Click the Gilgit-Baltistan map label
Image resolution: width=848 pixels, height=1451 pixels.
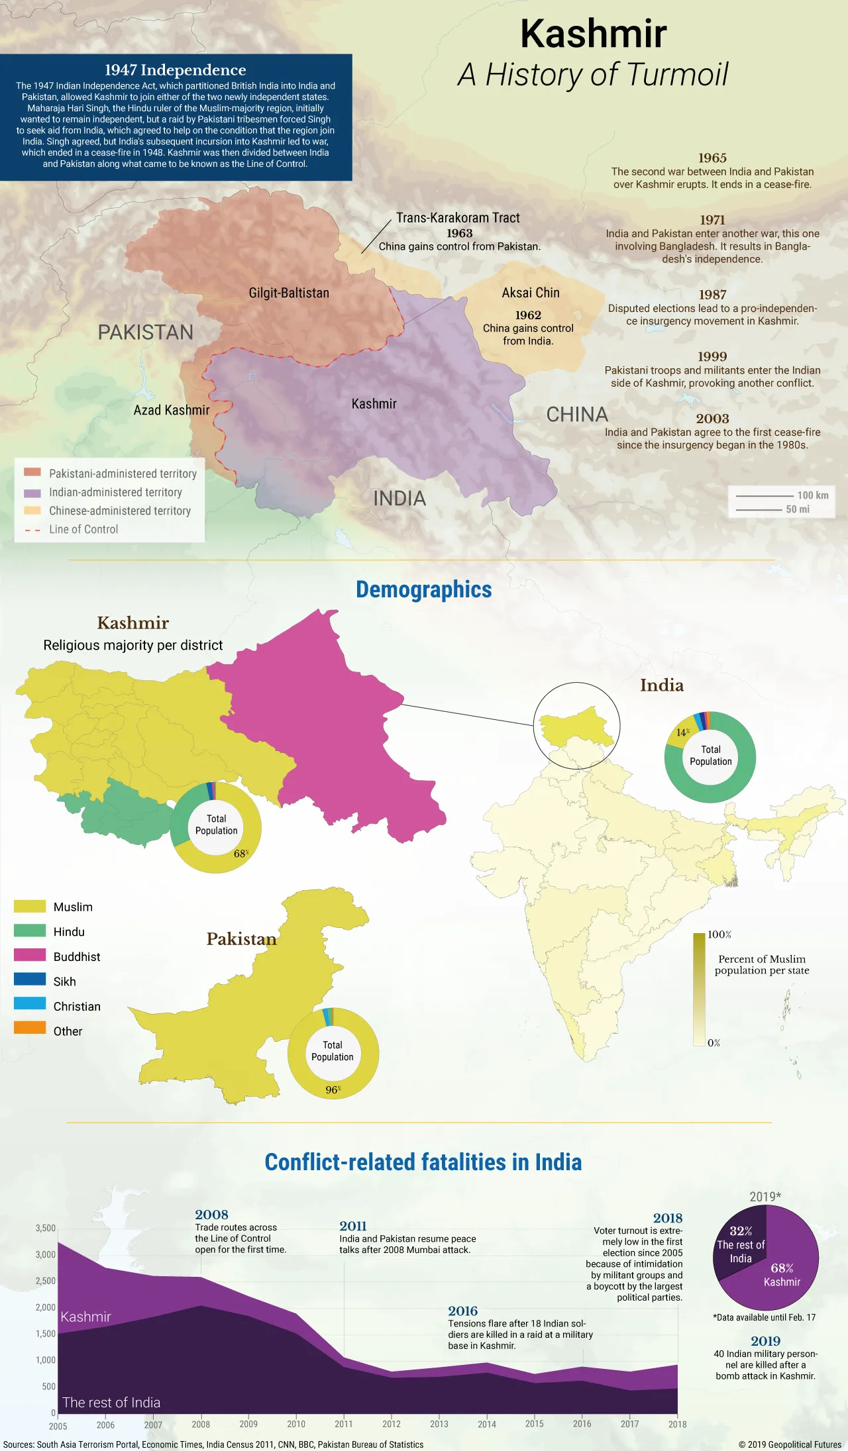pyautogui.click(x=289, y=293)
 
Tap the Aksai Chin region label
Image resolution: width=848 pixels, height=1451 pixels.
pyautogui.click(x=531, y=293)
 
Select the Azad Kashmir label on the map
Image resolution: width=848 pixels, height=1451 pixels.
pyautogui.click(x=172, y=410)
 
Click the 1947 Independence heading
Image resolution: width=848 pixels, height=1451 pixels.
pyautogui.click(x=175, y=70)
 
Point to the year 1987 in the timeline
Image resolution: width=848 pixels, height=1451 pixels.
pyautogui.click(x=712, y=295)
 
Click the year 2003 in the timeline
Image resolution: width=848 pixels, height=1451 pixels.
pyautogui.click(x=712, y=419)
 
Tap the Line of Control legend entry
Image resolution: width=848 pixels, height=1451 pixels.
pyautogui.click(x=83, y=529)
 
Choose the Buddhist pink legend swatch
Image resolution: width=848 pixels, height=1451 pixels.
pyautogui.click(x=30, y=955)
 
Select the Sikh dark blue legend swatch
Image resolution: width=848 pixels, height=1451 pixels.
pyautogui.click(x=30, y=979)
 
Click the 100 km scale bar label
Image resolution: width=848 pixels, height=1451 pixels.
pyautogui.click(x=812, y=495)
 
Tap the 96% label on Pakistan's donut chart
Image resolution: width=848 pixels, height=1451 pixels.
pyautogui.click(x=333, y=1089)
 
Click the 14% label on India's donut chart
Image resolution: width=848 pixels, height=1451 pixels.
pyautogui.click(x=682, y=732)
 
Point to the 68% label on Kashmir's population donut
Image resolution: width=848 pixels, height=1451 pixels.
pyautogui.click(x=240, y=853)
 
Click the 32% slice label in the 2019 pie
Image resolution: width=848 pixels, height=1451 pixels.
pyautogui.click(x=741, y=1231)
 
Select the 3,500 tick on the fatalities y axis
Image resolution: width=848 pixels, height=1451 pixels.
pyautogui.click(x=45, y=1228)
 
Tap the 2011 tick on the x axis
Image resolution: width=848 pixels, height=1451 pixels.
pyautogui.click(x=343, y=1424)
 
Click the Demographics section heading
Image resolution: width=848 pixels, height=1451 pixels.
pyautogui.click(x=423, y=589)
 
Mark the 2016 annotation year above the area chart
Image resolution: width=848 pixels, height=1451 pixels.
pyautogui.click(x=462, y=1311)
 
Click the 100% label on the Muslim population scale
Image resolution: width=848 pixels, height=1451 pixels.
pyautogui.click(x=719, y=934)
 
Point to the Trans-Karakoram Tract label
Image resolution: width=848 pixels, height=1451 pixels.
pyautogui.click(x=458, y=218)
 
